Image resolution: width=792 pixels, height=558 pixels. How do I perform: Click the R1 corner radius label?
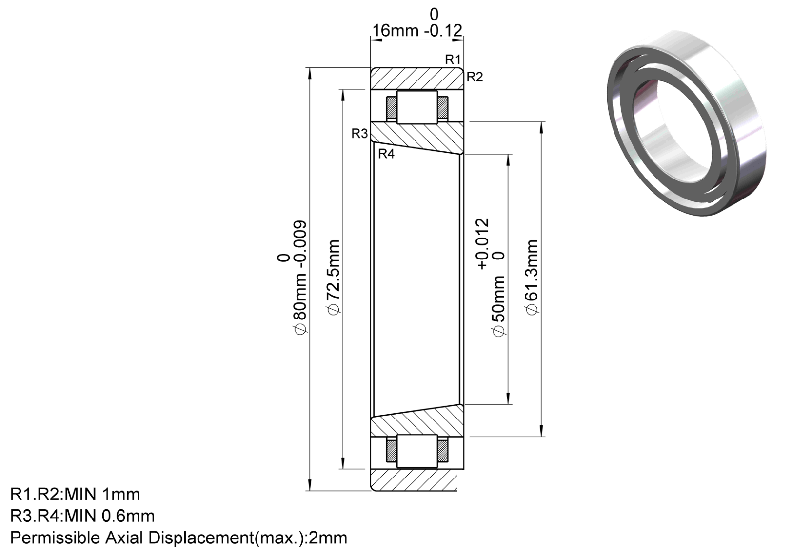point(453,60)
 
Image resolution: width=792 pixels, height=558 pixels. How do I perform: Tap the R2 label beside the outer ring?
point(475,77)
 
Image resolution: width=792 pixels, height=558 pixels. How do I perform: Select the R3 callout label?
point(359,134)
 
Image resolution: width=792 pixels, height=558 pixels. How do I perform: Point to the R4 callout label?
point(386,154)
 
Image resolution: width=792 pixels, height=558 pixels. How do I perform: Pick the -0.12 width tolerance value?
point(443,31)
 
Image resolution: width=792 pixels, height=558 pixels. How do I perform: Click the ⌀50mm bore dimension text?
point(498,306)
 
